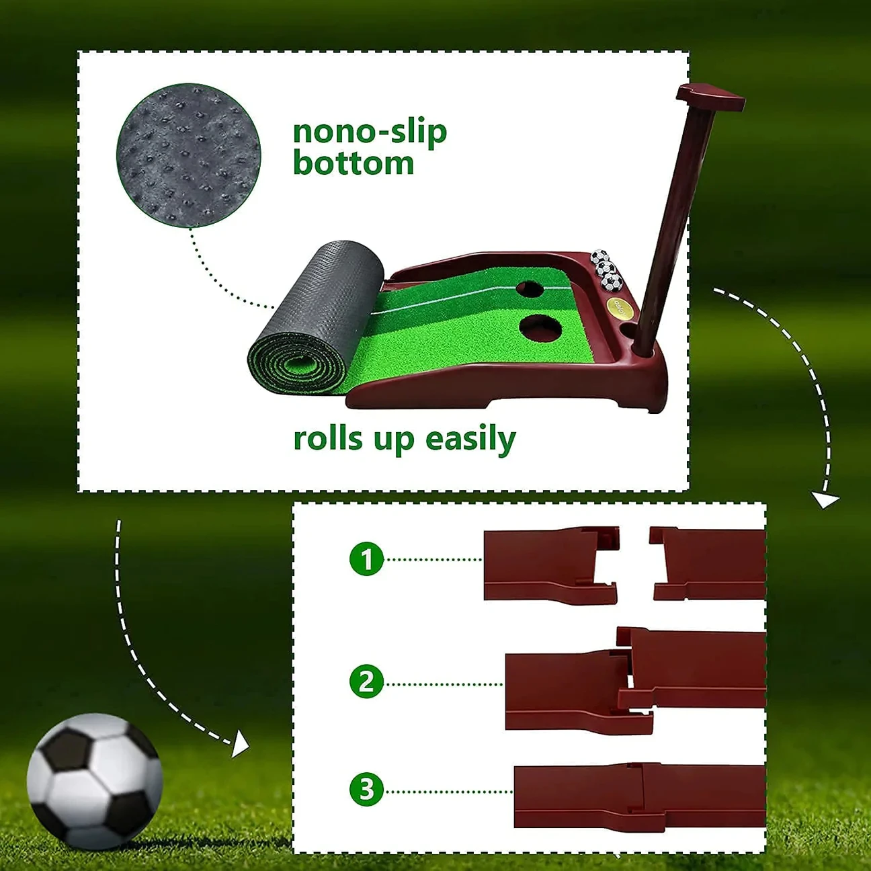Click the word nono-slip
click(370, 132)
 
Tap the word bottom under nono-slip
click(353, 164)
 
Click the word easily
click(470, 440)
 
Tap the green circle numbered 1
click(366, 559)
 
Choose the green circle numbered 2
click(366, 682)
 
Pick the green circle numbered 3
click(366, 790)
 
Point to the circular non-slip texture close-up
click(188, 155)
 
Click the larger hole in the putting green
click(541, 327)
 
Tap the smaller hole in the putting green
click(530, 289)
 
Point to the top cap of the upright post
click(710, 97)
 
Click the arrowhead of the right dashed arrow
click(825, 500)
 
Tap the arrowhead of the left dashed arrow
click(240, 745)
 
